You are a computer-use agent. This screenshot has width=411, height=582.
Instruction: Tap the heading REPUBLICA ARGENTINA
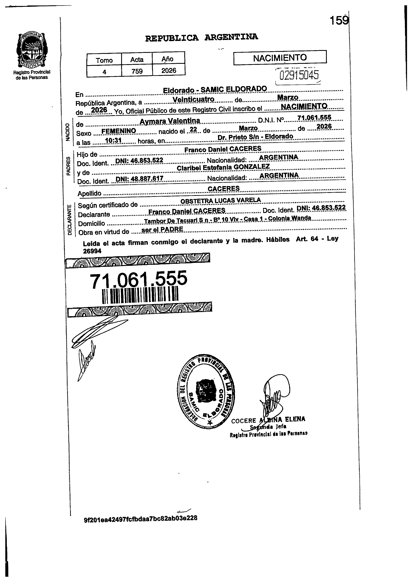tap(202, 37)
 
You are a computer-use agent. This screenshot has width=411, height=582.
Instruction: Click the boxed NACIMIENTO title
tap(280, 58)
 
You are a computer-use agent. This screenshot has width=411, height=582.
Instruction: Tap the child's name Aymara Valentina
tap(170, 121)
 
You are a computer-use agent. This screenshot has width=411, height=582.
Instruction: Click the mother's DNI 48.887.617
tap(139, 179)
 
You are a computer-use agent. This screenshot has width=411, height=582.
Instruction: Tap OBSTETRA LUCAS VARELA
tap(220, 200)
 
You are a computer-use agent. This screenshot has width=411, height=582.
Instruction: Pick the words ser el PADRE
tap(162, 229)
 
